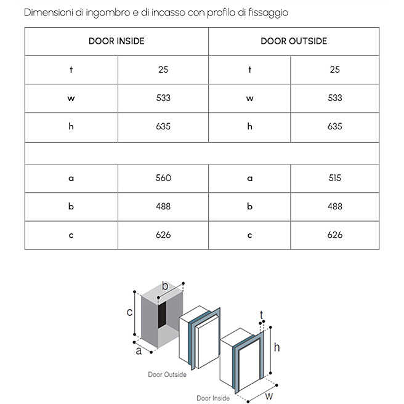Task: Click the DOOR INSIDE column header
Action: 116,41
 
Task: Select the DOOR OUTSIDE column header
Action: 294,41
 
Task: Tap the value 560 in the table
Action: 163,178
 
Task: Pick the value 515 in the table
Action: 335,178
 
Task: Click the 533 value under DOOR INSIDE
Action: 163,98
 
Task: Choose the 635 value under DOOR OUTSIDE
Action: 335,126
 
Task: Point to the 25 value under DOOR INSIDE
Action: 163,70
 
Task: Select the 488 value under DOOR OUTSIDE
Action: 335,206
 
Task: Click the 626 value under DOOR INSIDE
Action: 163,235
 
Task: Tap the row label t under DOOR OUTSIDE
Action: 249,70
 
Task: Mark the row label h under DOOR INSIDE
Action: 71,126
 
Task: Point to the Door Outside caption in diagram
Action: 167,374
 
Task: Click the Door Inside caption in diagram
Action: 212,398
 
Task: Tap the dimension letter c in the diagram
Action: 130,312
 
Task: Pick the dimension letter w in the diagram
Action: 269,396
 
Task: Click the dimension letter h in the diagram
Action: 277,347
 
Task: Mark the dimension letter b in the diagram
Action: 165,286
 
